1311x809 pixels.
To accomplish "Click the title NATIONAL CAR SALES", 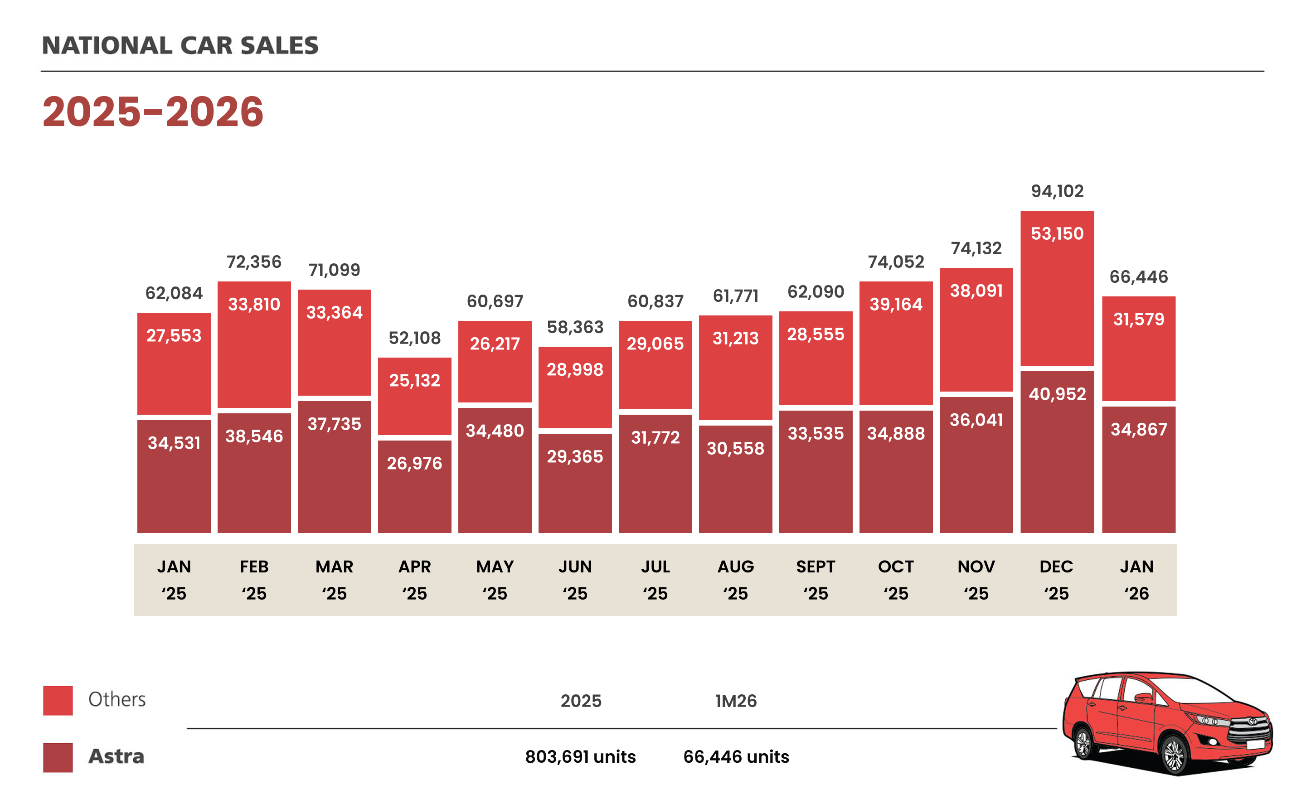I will point(180,45).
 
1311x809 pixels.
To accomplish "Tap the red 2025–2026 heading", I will point(153,112).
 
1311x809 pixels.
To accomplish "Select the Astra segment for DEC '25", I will point(1056,452).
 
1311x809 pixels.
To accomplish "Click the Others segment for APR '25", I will point(414,396).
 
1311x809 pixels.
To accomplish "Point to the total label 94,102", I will point(1057,191).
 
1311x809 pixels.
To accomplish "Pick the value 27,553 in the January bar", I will point(174,335).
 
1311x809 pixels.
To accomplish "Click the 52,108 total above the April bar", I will point(414,338).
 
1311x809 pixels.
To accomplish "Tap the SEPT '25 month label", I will point(816,580).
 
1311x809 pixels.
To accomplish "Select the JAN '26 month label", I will point(1136,580).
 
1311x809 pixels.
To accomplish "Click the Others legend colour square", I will point(58,700).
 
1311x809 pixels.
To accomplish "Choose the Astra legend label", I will point(116,756).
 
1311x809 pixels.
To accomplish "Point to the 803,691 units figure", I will point(580,756).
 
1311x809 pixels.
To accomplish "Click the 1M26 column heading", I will point(736,701).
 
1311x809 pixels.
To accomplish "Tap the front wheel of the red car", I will point(1174,755).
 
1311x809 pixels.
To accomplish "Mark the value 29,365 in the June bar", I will point(575,456).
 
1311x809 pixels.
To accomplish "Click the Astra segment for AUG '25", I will point(735,479).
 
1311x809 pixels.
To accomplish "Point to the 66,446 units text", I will point(736,756).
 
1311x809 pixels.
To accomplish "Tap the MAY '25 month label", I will point(495,580).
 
